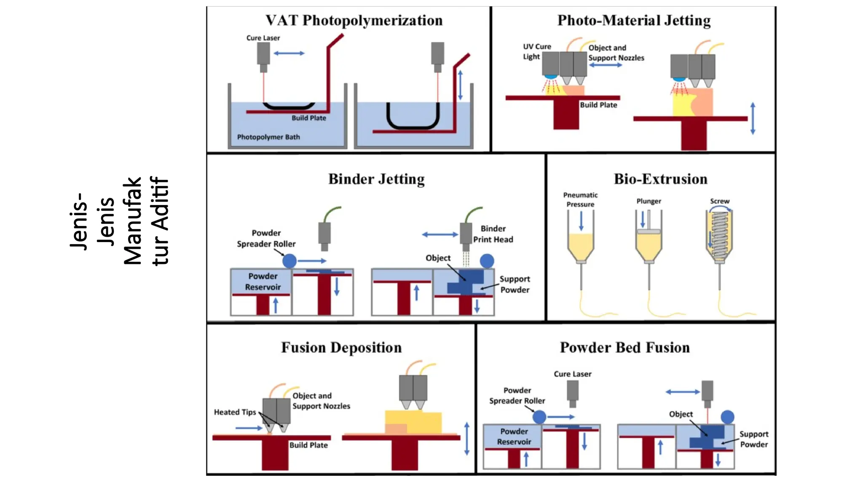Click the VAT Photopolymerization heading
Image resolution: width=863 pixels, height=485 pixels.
(x=354, y=20)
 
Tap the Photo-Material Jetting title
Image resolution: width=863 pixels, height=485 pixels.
(x=634, y=20)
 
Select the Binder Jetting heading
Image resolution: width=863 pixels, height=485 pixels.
(x=376, y=179)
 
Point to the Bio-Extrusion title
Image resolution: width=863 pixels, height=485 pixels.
(x=660, y=179)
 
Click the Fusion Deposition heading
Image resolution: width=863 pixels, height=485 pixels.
(x=341, y=347)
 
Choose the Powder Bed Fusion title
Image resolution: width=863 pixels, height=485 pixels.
(x=624, y=347)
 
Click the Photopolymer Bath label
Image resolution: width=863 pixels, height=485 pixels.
(x=268, y=137)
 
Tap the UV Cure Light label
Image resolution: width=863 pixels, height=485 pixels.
(x=536, y=51)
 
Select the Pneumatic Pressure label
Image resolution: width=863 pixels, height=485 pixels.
(x=580, y=200)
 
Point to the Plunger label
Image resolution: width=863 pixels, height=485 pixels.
(x=649, y=201)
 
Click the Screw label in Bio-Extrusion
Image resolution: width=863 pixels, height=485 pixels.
(x=719, y=201)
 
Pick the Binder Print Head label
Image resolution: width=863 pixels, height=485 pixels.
(x=493, y=234)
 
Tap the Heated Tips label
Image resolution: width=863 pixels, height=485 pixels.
(x=235, y=412)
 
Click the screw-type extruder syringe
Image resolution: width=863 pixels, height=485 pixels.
(x=719, y=236)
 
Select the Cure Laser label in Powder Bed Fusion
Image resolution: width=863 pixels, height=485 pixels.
(x=572, y=374)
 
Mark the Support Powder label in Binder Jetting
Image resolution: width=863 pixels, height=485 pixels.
(x=515, y=284)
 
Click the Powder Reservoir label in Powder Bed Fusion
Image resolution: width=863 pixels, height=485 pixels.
(x=514, y=437)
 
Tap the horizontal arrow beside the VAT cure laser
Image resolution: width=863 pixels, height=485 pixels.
(x=289, y=53)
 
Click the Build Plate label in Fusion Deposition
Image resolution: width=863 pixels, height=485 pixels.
(x=308, y=445)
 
